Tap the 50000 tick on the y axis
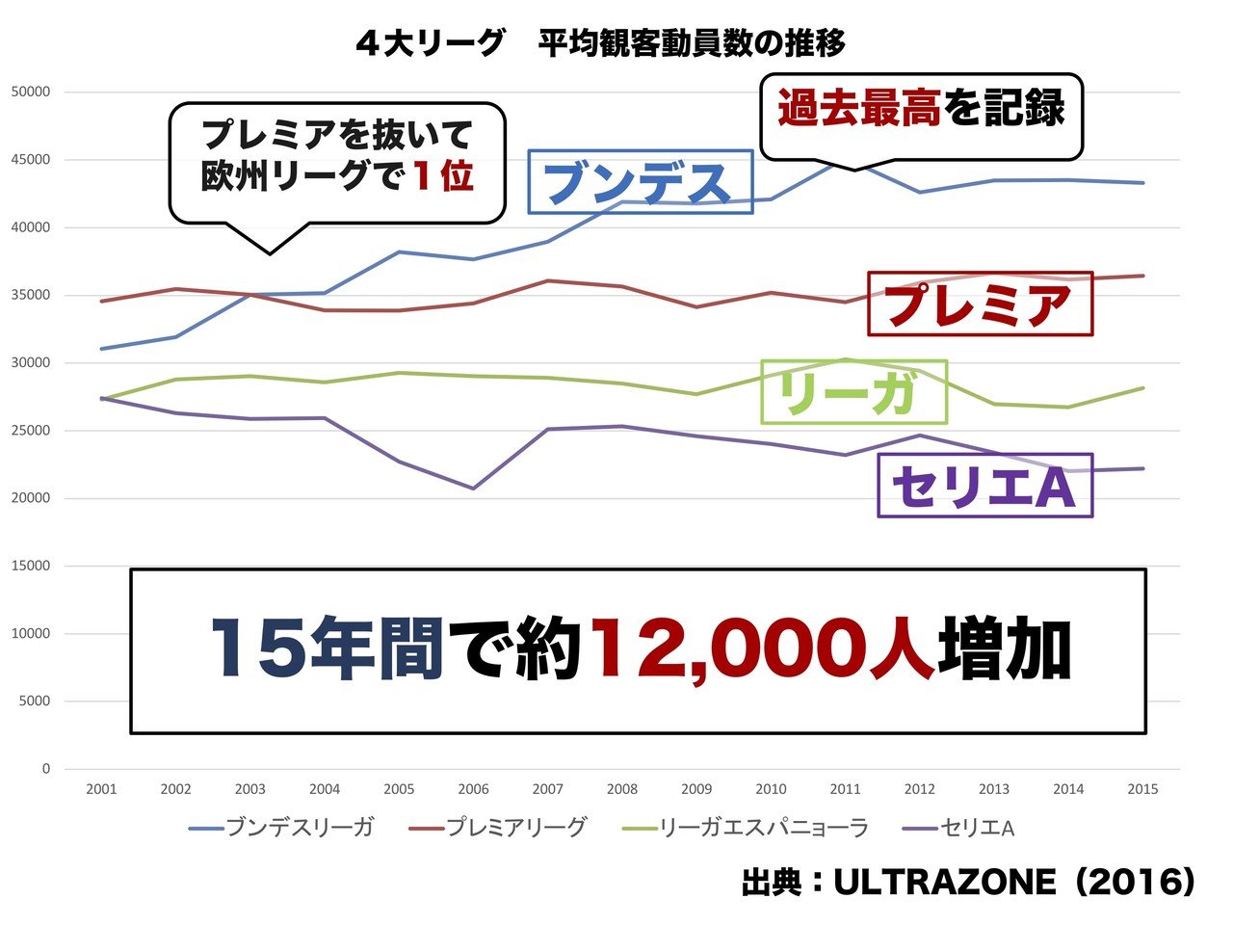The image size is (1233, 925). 30,92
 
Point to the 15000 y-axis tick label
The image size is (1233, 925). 30,567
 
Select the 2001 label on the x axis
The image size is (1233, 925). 101,789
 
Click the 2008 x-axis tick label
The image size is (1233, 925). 622,789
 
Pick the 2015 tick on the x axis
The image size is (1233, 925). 1142,789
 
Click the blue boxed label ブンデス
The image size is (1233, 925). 640,181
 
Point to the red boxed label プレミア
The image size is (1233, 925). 980,304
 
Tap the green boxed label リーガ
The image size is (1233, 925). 853,392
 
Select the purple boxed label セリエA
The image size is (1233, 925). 984,486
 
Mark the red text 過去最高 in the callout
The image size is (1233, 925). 858,108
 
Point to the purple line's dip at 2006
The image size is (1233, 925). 473,489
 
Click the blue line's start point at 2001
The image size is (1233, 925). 101,349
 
